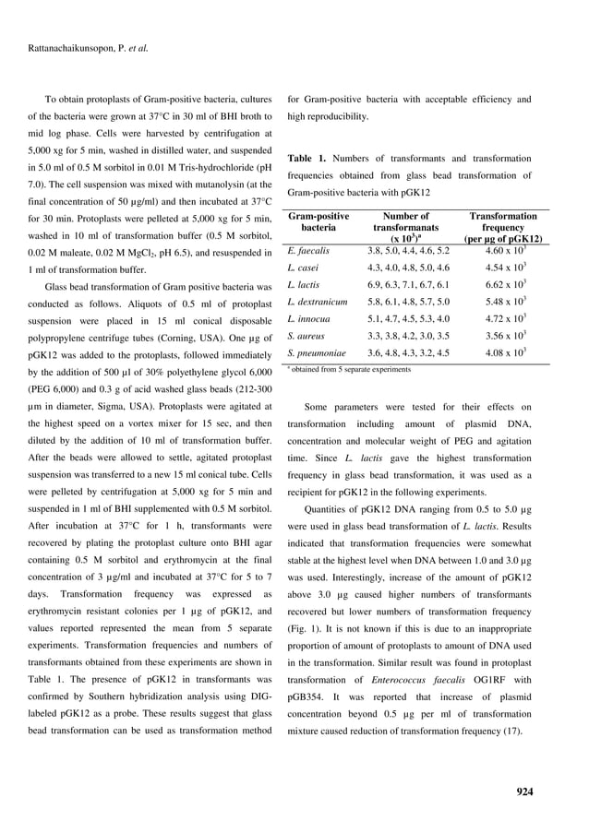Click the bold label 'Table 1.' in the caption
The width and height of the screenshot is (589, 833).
click(x=307, y=159)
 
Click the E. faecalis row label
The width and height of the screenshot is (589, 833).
click(x=308, y=250)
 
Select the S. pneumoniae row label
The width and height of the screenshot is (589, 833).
click(x=317, y=352)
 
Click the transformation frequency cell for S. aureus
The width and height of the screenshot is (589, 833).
click(x=505, y=336)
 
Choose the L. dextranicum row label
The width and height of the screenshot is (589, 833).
click(x=318, y=302)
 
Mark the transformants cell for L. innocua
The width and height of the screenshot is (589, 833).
click(x=408, y=318)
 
